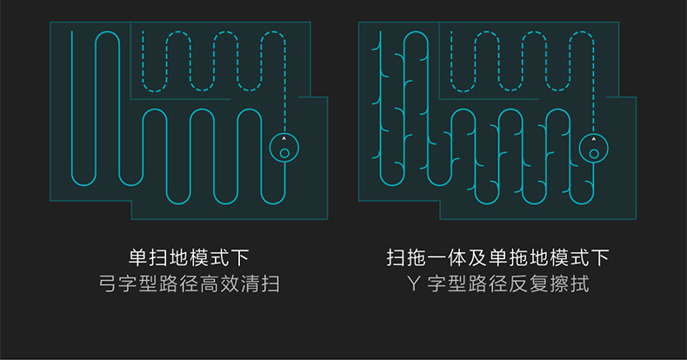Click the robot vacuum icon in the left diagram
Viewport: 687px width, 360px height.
point(284,148)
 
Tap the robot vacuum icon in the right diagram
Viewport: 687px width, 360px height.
point(594,148)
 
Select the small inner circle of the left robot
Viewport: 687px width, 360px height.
point(284,154)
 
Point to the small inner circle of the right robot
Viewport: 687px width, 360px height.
point(594,154)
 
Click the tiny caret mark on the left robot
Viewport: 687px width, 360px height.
point(284,139)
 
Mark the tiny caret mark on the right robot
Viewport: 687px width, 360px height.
point(594,139)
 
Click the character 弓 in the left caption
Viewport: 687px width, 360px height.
point(107,284)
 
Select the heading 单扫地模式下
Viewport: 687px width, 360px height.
point(189,258)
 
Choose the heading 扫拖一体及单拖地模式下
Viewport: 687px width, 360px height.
point(497,258)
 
